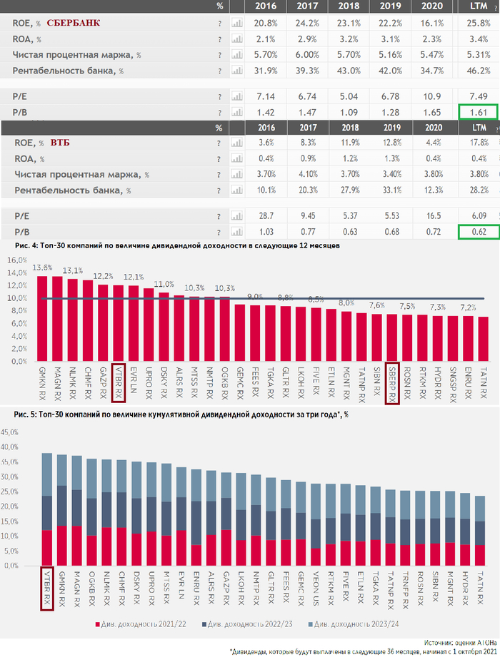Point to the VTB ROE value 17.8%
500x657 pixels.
tap(479, 143)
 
